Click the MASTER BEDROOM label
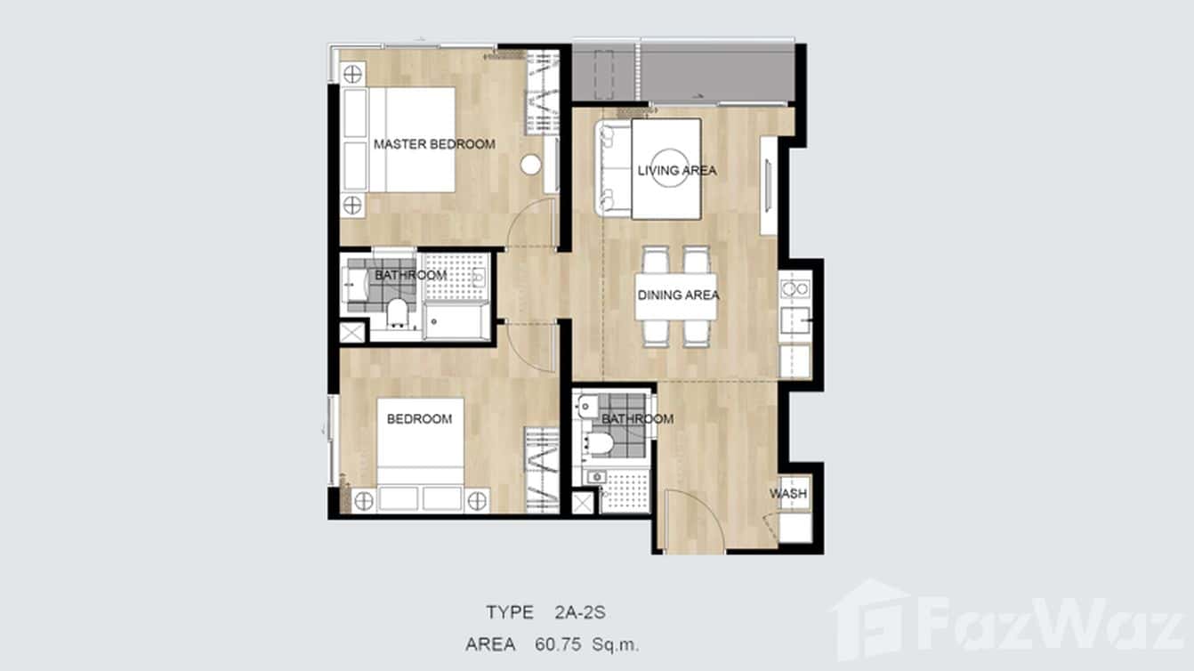(x=434, y=144)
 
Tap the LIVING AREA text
(x=677, y=171)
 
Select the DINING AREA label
(x=678, y=295)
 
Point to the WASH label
(x=787, y=494)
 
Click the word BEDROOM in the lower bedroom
(x=419, y=419)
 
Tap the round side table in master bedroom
(x=530, y=165)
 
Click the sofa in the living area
(x=613, y=168)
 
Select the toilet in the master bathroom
(x=397, y=312)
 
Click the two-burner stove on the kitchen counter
(x=795, y=289)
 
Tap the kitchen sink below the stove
(x=795, y=319)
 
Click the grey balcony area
(x=683, y=73)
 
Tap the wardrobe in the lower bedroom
(x=542, y=470)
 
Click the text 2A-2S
(x=580, y=613)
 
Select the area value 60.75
(x=558, y=645)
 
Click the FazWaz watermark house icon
(x=869, y=619)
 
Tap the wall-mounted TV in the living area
(x=768, y=185)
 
